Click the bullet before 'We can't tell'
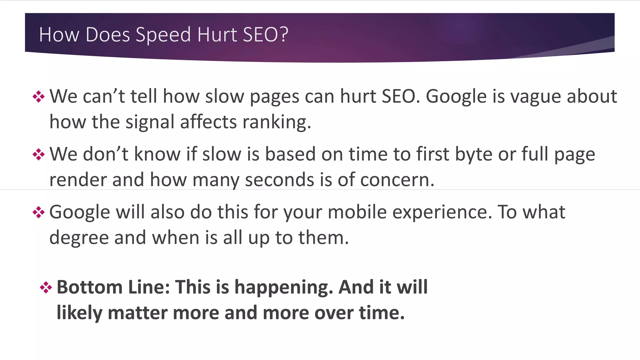click(38, 97)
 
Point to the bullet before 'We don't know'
click(38, 154)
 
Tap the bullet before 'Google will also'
click(38, 212)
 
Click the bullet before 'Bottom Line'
click(46, 287)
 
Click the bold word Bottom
click(89, 287)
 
